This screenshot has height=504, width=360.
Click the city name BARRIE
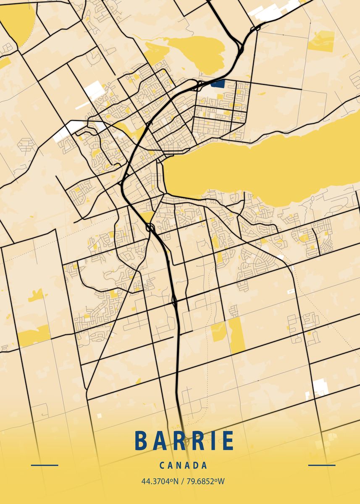tap(184, 440)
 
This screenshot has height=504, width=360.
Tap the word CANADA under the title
tap(184, 465)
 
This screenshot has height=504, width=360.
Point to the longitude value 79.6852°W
tap(205, 481)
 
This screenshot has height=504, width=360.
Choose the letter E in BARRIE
tap(227, 440)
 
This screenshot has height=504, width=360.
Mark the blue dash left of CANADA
tap(45, 465)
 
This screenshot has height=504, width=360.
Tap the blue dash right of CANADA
tap(322, 465)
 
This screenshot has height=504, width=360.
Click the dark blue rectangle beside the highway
tap(218, 83)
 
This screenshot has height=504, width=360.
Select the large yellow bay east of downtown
tap(269, 164)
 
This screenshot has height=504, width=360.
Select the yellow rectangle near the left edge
tap(34, 336)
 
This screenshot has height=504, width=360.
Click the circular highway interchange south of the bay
tap(150, 228)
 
